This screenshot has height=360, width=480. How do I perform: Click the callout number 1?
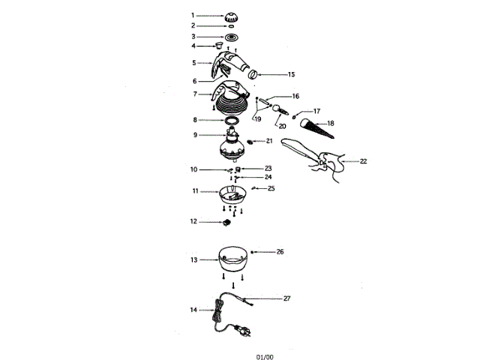(193, 15)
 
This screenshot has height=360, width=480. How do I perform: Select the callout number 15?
(292, 75)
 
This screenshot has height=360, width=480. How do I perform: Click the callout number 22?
(364, 160)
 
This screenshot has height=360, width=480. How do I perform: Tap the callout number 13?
(193, 259)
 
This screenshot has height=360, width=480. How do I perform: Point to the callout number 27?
(286, 298)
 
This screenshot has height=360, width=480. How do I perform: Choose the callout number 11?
(194, 192)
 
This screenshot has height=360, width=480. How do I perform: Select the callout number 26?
(280, 252)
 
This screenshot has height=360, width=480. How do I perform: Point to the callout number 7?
(193, 94)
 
